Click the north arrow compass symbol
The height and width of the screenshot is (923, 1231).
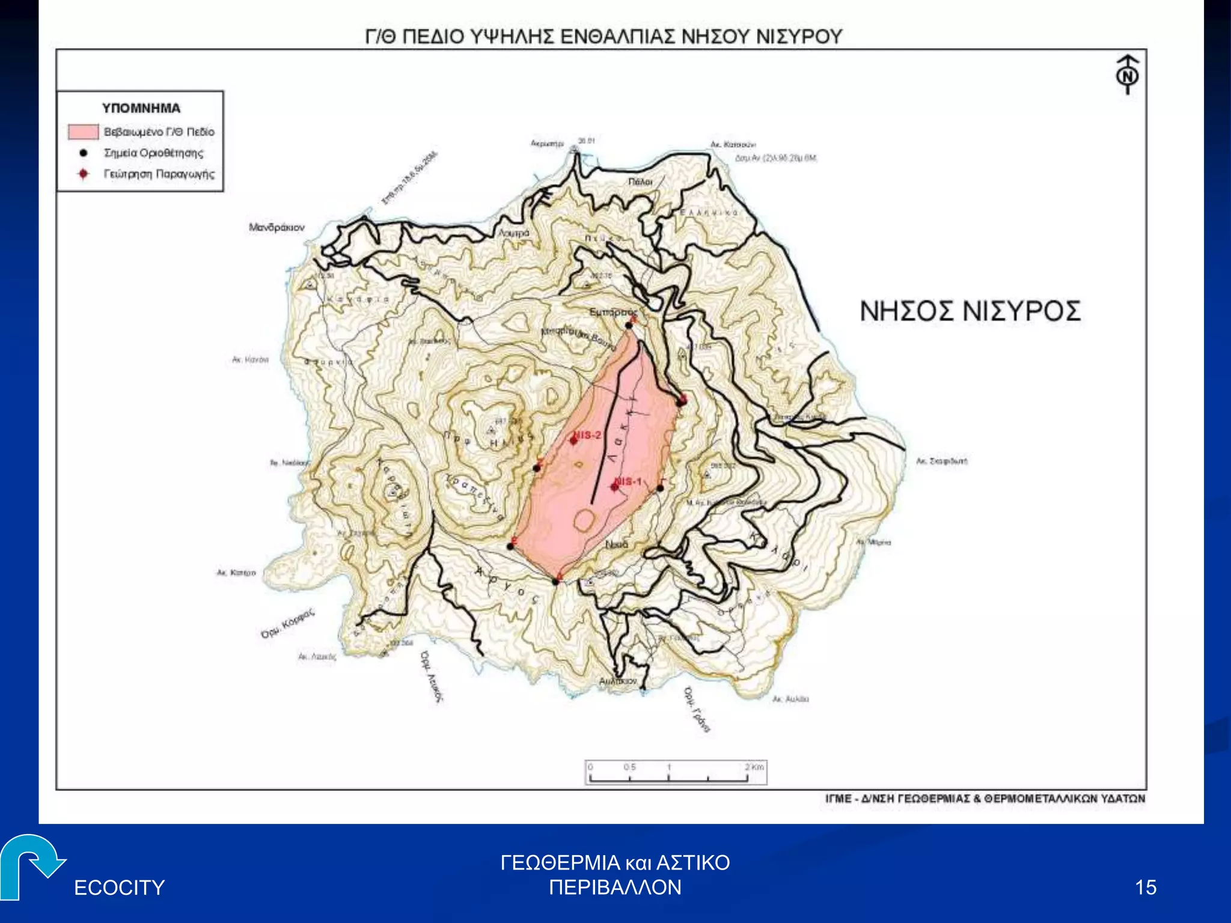[x=1128, y=75]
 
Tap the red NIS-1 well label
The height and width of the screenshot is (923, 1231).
[x=629, y=481]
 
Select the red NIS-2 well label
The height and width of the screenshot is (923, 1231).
[x=587, y=434]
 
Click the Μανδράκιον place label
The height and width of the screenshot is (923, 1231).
[x=276, y=227]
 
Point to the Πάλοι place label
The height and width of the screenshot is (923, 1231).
[x=640, y=181]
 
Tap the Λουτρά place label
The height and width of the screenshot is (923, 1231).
[x=515, y=233]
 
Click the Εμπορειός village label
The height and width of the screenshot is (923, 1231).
[x=612, y=312]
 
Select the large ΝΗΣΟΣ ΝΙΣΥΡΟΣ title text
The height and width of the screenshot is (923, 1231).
[x=970, y=311]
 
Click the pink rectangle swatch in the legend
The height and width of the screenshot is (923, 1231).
[x=83, y=132]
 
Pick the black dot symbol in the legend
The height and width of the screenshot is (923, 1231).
[x=84, y=153]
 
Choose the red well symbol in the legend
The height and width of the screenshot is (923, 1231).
[x=84, y=174]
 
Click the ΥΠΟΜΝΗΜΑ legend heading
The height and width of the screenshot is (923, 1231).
[x=141, y=108]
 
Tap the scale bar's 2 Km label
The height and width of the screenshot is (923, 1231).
[x=754, y=767]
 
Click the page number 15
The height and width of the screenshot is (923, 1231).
[x=1146, y=887]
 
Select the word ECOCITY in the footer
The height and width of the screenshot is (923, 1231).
[x=119, y=888]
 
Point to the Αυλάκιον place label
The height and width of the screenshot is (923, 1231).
[x=617, y=681]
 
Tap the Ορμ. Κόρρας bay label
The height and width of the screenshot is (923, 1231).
[x=287, y=624]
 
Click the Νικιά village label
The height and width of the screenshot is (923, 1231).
[x=617, y=544]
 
